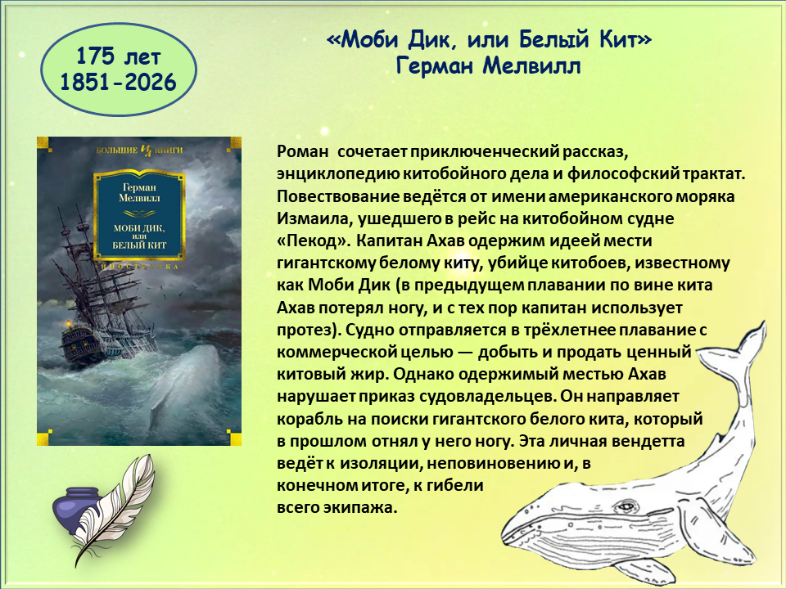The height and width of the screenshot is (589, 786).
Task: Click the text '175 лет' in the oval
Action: [x=118, y=56]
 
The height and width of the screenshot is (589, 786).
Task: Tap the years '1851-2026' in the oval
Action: [x=118, y=82]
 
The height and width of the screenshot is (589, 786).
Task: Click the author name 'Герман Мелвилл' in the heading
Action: [x=488, y=65]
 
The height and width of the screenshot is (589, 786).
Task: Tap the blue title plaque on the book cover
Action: [x=139, y=215]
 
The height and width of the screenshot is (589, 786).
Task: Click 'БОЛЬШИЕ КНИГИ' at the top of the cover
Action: [x=139, y=150]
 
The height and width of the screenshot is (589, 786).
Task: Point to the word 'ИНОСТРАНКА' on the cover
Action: [x=139, y=267]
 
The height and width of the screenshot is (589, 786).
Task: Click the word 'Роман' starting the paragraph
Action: [x=303, y=151]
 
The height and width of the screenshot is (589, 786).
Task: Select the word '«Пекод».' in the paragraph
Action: [x=314, y=241]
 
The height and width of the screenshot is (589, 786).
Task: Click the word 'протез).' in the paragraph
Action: [x=309, y=330]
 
